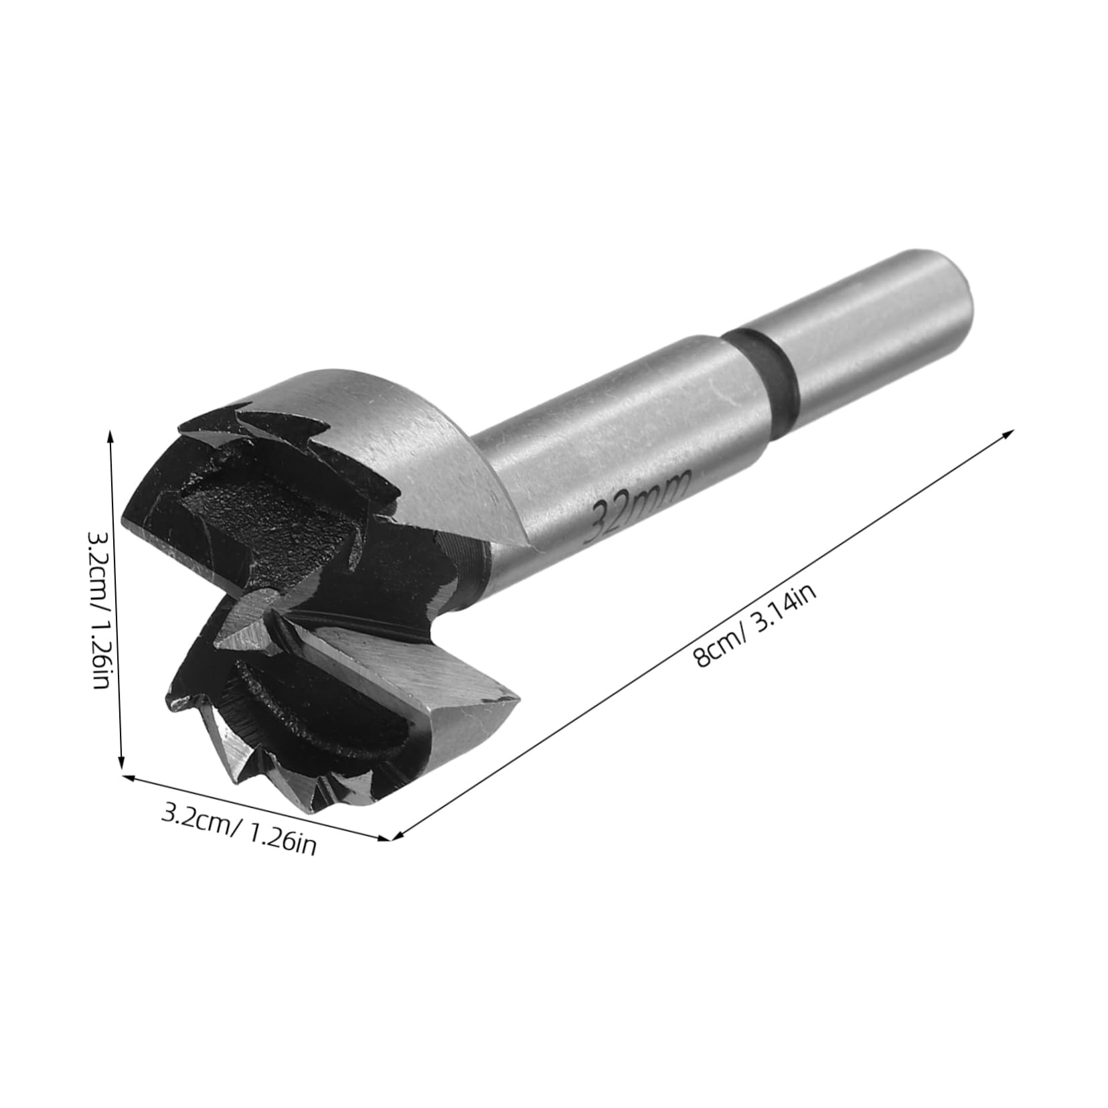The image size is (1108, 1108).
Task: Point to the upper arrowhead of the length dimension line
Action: pos(1010,434)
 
